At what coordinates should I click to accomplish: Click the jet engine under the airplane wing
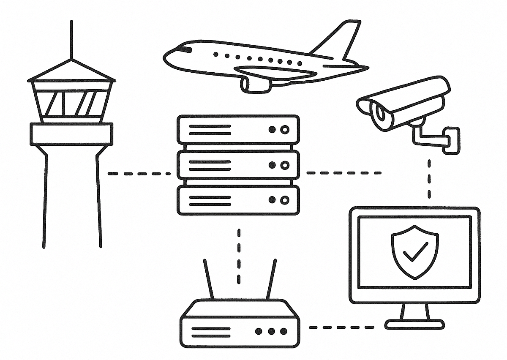(x=255, y=85)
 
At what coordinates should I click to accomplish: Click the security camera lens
(x=380, y=112)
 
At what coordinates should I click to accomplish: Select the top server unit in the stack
(x=238, y=130)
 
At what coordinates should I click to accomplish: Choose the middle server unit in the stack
(x=238, y=165)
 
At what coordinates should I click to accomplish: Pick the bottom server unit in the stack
(x=238, y=200)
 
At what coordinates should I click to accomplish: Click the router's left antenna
(x=209, y=279)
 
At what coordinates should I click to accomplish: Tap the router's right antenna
(x=271, y=279)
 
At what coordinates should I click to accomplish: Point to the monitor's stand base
(x=414, y=325)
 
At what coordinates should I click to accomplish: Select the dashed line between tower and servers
(x=139, y=173)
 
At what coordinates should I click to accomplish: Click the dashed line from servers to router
(x=239, y=256)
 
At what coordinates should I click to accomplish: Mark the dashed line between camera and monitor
(x=429, y=178)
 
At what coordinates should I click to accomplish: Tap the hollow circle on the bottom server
(x=285, y=200)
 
